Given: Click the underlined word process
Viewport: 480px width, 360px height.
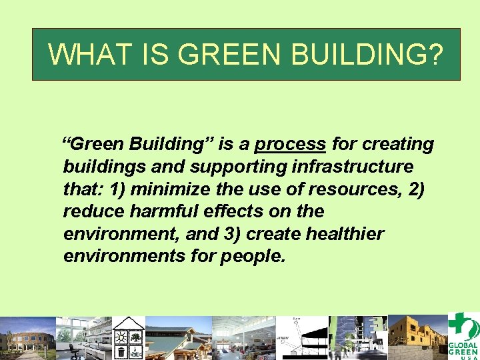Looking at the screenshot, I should pos(290,144).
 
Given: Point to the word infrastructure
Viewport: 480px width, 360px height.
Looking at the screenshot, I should pos(361,167).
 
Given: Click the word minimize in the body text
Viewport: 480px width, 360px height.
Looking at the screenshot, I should pos(168,189).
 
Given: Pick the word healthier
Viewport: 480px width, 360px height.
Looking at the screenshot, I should pos(345,234).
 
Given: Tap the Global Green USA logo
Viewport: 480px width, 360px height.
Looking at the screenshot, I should pos(463,337).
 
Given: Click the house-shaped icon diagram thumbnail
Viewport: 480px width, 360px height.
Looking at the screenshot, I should pos(128,337).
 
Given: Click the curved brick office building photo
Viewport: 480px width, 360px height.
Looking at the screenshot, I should pos(27,339).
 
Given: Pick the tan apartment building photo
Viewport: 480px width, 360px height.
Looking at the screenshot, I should pos(417,337).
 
